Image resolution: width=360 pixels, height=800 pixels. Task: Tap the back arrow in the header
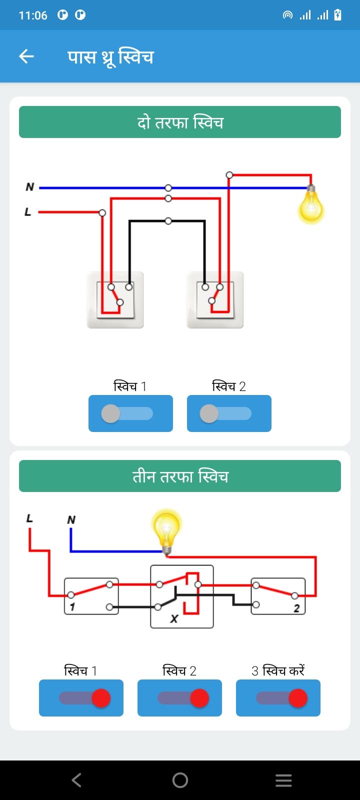click(26, 56)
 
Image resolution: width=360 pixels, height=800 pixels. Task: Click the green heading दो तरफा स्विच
click(180, 122)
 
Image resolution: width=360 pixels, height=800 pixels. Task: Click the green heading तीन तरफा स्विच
click(180, 476)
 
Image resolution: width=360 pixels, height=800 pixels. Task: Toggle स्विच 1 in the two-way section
click(130, 413)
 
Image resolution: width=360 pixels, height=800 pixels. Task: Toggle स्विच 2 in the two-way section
click(229, 413)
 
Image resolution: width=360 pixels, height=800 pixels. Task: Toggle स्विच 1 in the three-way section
click(81, 698)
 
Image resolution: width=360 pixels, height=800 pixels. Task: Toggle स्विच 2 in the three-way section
click(179, 698)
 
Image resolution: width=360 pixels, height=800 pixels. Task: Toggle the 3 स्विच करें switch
click(278, 698)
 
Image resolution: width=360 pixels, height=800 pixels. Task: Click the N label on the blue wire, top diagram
click(30, 187)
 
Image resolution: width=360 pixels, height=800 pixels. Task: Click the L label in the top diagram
click(28, 212)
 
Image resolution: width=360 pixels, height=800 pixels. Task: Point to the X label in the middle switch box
click(174, 618)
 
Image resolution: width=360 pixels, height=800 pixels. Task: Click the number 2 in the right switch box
click(296, 608)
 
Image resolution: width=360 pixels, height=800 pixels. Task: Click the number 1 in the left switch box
click(72, 606)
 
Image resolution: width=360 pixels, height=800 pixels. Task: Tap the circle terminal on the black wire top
click(168, 221)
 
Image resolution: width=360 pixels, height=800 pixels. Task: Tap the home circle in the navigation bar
click(180, 780)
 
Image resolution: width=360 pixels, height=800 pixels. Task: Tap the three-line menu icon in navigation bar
click(283, 780)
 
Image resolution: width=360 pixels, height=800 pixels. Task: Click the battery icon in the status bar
click(337, 15)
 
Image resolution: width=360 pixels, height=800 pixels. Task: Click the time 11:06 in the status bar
click(33, 15)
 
